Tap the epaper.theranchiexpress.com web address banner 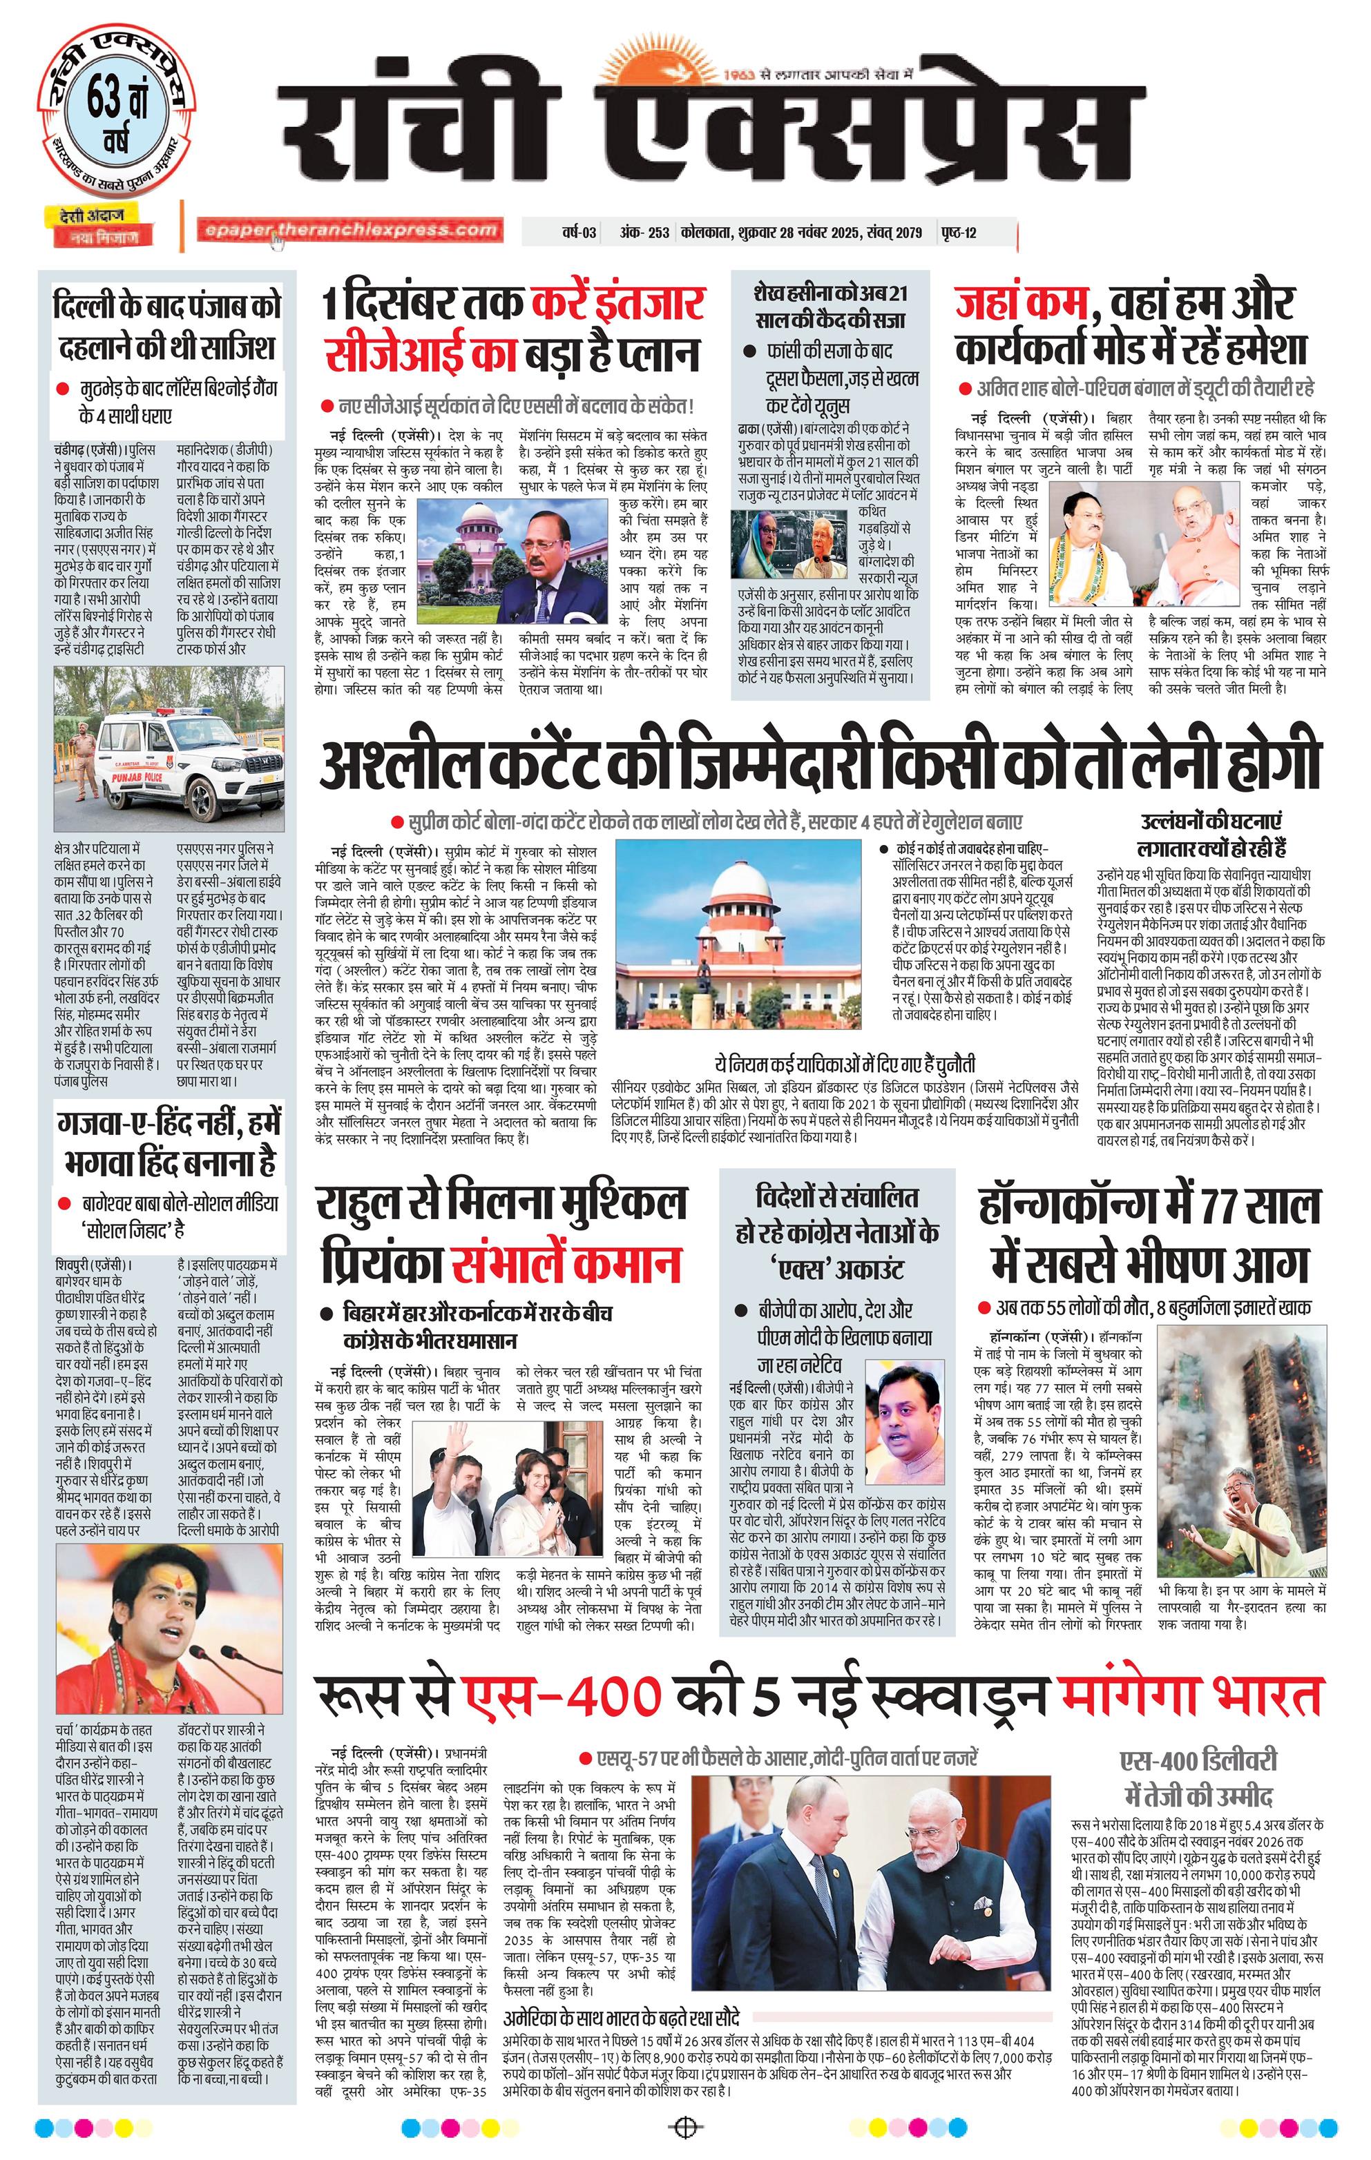(x=350, y=230)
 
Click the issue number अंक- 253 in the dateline (x=644, y=233)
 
